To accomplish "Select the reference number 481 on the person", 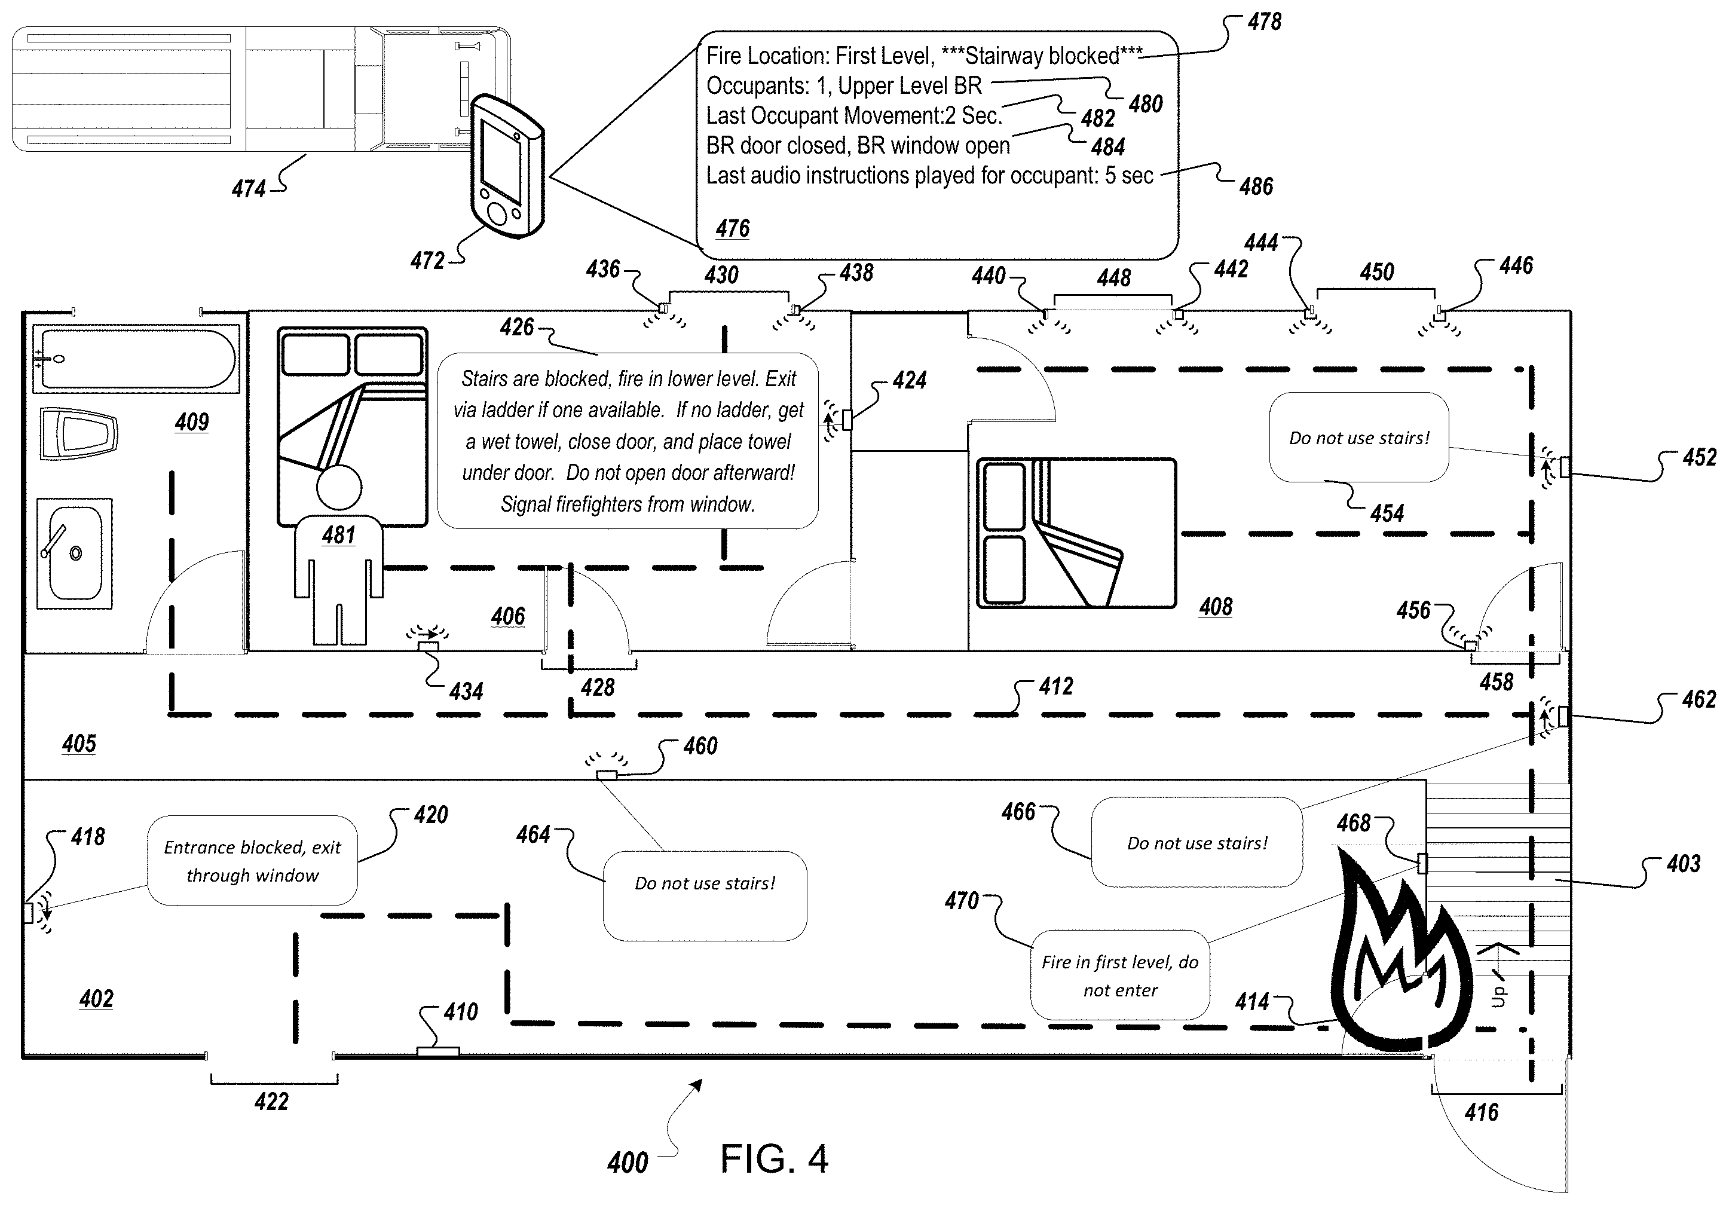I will [x=338, y=536].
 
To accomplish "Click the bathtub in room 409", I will [x=136, y=359].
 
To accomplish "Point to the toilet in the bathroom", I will [x=78, y=435].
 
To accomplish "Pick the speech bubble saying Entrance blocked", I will [x=252, y=861].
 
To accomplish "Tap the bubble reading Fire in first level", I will [x=1120, y=975].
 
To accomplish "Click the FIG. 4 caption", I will [x=773, y=1159].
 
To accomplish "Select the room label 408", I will [x=1216, y=607].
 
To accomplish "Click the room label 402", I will [x=96, y=999].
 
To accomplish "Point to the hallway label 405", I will [x=79, y=744].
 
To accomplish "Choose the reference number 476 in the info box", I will [x=733, y=228].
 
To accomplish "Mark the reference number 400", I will [x=628, y=1163].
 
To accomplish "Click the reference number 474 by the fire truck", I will [x=249, y=188].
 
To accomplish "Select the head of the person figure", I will [x=339, y=487].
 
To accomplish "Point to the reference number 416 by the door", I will [x=1481, y=1112].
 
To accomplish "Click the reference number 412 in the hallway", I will [x=1056, y=686].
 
